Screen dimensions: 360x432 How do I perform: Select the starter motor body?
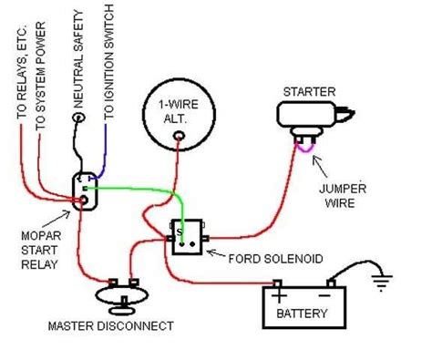[304, 118]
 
